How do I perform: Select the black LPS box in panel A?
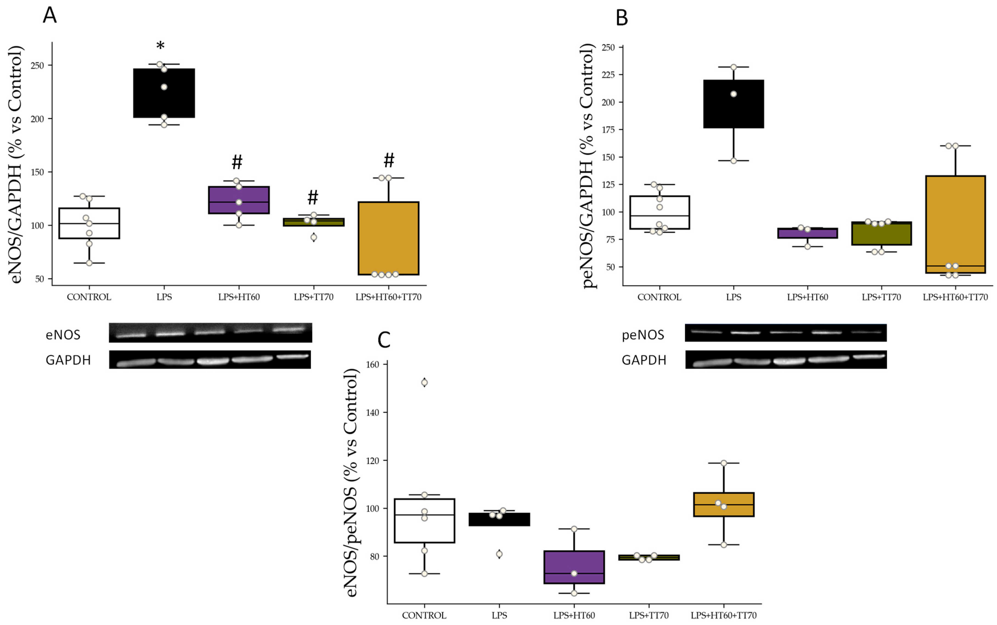[x=164, y=93]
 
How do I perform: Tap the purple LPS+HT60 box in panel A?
[x=239, y=200]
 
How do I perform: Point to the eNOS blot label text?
[x=63, y=335]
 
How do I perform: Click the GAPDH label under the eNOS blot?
[x=68, y=360]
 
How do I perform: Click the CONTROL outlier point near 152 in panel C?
[x=424, y=382]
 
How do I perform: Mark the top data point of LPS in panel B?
[x=733, y=67]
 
